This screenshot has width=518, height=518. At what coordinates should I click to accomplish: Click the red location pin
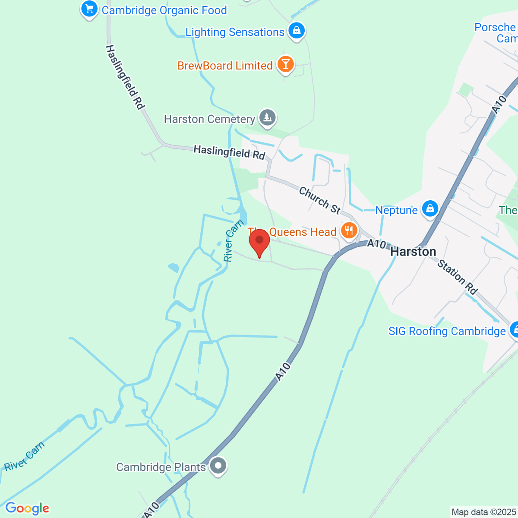[x=259, y=242]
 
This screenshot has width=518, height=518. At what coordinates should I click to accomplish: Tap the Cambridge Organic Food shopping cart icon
[x=89, y=9]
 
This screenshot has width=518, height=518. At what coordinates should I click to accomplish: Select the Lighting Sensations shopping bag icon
[x=297, y=31]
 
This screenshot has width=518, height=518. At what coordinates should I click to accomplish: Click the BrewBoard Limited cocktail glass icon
[x=285, y=64]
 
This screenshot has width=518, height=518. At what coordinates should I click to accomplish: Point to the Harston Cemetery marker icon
[x=267, y=117]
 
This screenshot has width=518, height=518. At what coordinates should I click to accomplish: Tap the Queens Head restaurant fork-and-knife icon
[x=349, y=231]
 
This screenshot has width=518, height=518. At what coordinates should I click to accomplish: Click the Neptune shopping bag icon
[x=430, y=209]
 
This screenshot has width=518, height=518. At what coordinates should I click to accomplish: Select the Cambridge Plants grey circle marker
[x=218, y=466]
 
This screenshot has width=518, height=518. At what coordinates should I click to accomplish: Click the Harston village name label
[x=413, y=252]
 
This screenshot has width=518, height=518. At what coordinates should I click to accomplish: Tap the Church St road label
[x=319, y=200]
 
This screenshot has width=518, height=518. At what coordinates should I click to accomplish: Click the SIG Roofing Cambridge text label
[x=447, y=331]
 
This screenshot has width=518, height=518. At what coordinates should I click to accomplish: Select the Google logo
[x=27, y=509]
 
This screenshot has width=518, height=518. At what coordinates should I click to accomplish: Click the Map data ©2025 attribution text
[x=483, y=512]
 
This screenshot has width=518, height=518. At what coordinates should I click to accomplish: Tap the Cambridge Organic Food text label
[x=164, y=10]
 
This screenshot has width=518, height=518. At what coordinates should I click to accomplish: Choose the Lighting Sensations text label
[x=235, y=32]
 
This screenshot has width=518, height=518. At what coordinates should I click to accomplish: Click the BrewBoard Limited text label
[x=225, y=66]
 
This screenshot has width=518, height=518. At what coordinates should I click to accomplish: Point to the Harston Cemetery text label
[x=209, y=119]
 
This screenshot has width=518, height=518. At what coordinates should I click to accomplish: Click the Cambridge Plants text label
[x=161, y=467]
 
